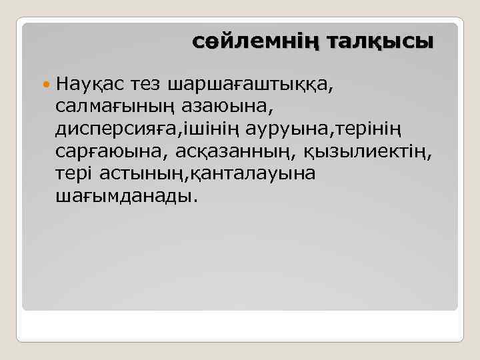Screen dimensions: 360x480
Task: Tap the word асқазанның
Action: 236,153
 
